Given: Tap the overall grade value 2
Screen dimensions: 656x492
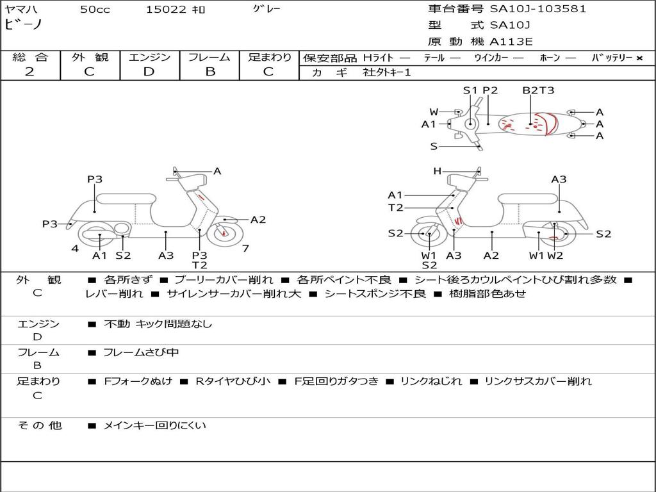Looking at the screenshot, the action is point(29,72).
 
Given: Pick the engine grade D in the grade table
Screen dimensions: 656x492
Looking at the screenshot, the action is point(149,72).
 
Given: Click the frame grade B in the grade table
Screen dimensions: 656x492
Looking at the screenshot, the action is point(209,72).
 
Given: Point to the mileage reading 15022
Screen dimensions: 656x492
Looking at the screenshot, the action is point(166,10).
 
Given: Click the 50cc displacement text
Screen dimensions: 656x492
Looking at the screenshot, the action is point(95,10).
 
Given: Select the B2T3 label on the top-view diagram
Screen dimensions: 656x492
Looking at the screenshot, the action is point(538,90).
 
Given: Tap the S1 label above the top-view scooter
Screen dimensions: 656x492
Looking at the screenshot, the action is point(470,90).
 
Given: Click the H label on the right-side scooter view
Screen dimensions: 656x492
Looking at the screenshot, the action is point(437,171).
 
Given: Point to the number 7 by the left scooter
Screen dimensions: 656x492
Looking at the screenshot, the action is point(245,249).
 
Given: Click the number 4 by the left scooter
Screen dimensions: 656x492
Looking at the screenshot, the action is point(75,249).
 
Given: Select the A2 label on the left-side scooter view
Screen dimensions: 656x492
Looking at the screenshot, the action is point(258,220).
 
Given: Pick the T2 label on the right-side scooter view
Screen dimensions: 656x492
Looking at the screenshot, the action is point(395,208).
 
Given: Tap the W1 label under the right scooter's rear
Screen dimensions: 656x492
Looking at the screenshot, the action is point(536,256).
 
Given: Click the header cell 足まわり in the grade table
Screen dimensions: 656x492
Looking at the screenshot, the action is point(270,57).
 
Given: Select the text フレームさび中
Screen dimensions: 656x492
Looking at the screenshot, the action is point(141,352).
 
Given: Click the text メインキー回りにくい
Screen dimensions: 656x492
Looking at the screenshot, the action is point(154,425).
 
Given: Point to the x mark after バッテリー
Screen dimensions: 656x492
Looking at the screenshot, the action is point(639,58).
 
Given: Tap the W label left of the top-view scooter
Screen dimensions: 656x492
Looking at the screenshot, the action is point(434,112).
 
